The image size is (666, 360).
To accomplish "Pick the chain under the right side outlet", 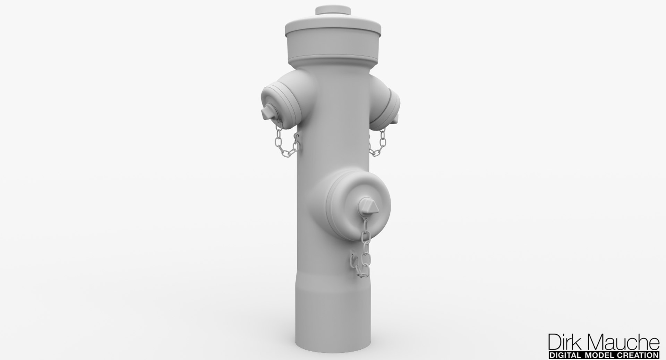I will (x=378, y=142).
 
